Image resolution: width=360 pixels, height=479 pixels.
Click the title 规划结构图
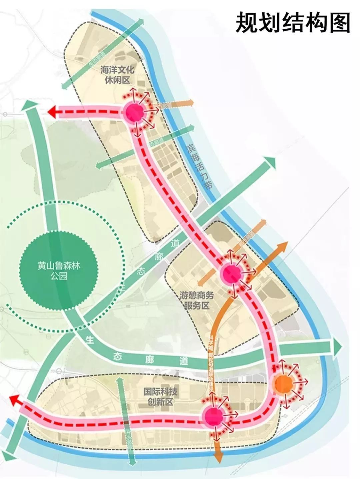click(293, 23)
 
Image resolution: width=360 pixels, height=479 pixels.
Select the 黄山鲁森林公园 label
click(59, 271)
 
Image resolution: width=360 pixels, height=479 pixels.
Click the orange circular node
click(283, 384)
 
